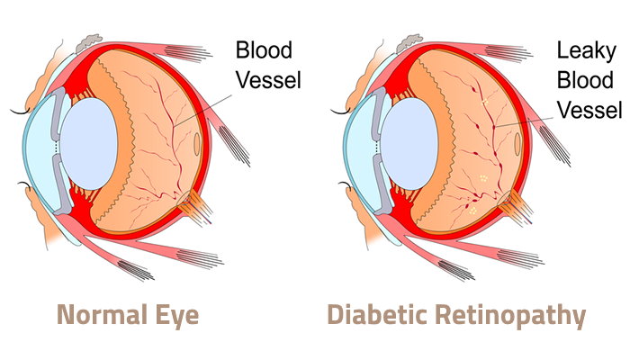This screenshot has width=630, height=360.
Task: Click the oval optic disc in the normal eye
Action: [198, 142]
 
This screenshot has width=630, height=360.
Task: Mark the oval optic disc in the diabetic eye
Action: [517, 142]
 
